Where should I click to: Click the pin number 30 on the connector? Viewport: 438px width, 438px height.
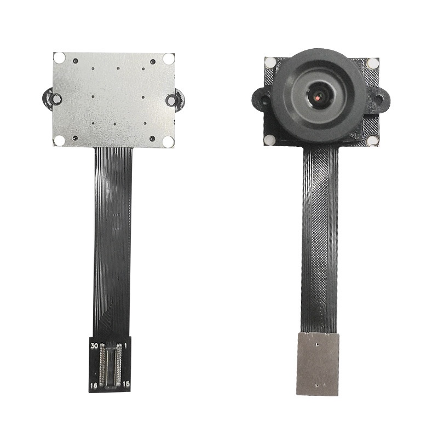tap(95, 346)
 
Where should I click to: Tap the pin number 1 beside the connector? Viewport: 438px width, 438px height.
tap(125, 345)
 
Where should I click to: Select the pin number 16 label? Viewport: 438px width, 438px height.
tap(94, 386)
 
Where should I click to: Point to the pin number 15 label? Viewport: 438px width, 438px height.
tap(126, 384)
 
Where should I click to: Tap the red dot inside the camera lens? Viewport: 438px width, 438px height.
tap(318, 98)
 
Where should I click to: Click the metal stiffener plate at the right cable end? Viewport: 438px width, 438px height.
tap(318, 364)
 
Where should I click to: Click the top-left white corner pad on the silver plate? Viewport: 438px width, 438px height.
tap(60, 58)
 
